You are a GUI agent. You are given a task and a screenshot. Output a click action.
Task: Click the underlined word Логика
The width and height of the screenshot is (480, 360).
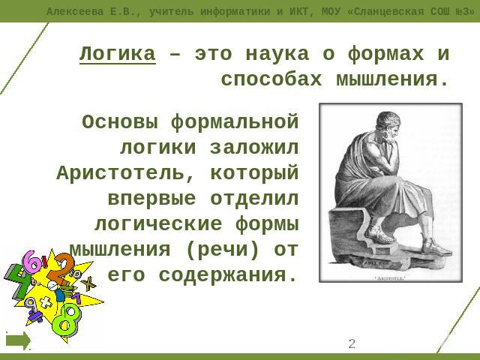pyautogui.click(x=118, y=54)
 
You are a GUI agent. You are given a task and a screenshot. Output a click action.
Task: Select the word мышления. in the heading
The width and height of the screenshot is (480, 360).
pyautogui.click(x=392, y=80)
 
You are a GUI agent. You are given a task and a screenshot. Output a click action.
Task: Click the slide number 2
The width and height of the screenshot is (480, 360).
pyautogui.click(x=352, y=343)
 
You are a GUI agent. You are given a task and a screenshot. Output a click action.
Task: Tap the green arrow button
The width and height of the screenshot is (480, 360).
pyautogui.click(x=18, y=341)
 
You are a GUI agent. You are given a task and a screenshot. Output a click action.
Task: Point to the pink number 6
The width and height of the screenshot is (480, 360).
pyautogui.click(x=33, y=263)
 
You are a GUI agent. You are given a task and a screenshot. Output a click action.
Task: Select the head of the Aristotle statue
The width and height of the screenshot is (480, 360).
pyautogui.click(x=389, y=125)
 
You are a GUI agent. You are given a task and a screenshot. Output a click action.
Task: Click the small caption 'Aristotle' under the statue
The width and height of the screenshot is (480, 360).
pyautogui.click(x=390, y=278)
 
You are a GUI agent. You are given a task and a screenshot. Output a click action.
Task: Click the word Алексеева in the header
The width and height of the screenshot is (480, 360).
pyautogui.click(x=75, y=12)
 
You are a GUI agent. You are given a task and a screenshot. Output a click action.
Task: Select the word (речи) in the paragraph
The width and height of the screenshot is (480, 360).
pyautogui.click(x=223, y=250)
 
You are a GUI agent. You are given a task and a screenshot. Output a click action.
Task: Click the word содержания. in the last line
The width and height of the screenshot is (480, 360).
pyautogui.click(x=228, y=275)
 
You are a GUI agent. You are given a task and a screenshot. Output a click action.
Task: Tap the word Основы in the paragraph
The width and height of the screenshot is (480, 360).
pyautogui.click(x=120, y=121)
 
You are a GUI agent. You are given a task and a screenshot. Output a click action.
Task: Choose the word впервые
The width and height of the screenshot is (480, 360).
pyautogui.click(x=151, y=198)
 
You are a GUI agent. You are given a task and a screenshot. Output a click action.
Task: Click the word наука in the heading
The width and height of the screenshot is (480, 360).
pyautogui.click(x=277, y=54)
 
